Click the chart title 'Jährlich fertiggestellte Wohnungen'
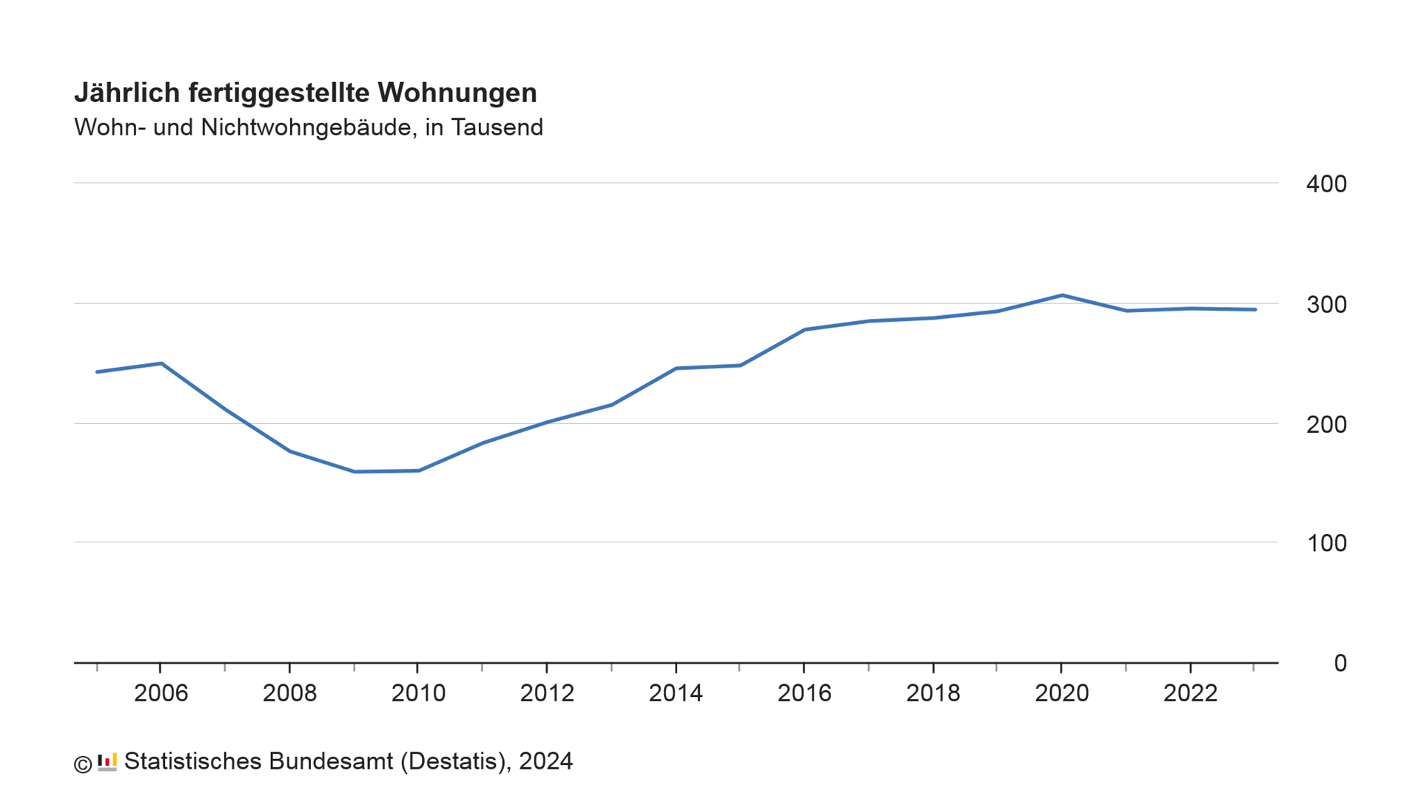click(x=305, y=93)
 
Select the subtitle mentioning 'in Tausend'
click(x=308, y=127)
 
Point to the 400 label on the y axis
click(x=1326, y=184)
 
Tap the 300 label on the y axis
click(x=1326, y=305)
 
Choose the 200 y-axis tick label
click(x=1326, y=425)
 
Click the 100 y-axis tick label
click(x=1326, y=544)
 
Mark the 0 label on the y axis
click(x=1340, y=664)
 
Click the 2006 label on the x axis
click(x=161, y=693)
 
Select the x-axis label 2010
click(x=418, y=693)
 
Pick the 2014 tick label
click(x=676, y=693)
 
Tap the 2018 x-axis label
click(x=933, y=693)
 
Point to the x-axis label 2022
click(x=1190, y=693)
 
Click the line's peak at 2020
click(x=1062, y=295)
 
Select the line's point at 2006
click(x=161, y=363)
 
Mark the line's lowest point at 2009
click(x=355, y=471)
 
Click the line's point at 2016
click(x=804, y=329)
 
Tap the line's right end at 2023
click(x=1254, y=309)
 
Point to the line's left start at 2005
click(x=97, y=371)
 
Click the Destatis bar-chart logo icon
click(x=107, y=762)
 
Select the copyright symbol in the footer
click(x=83, y=763)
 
